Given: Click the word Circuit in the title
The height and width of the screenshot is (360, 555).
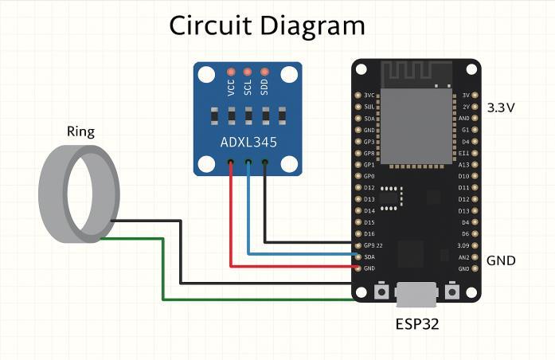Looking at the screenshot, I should click(x=213, y=25).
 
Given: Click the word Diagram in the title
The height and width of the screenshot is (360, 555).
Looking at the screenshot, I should click(x=313, y=26).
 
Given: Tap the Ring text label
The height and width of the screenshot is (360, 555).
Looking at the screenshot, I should click(x=80, y=131).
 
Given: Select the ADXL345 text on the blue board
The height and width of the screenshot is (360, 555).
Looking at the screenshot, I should click(x=248, y=143).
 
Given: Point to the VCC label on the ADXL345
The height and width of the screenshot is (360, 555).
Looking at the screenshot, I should click(x=231, y=87).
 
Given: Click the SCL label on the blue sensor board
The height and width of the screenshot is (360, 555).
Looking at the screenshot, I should click(x=248, y=87).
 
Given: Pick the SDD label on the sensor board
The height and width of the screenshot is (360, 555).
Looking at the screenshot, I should click(x=264, y=87).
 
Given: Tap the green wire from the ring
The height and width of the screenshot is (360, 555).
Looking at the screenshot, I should click(x=163, y=271).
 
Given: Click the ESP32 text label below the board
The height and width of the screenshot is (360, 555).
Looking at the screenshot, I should click(x=417, y=324).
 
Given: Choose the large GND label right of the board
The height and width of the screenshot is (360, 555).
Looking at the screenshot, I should click(x=501, y=260).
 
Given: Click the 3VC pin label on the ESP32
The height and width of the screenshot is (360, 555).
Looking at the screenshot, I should click(x=369, y=95).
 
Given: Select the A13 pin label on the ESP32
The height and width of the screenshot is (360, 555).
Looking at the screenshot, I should click(x=463, y=164).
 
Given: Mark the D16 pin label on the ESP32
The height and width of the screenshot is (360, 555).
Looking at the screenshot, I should click(x=369, y=233).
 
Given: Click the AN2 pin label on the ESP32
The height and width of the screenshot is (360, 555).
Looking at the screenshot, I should click(x=463, y=257).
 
